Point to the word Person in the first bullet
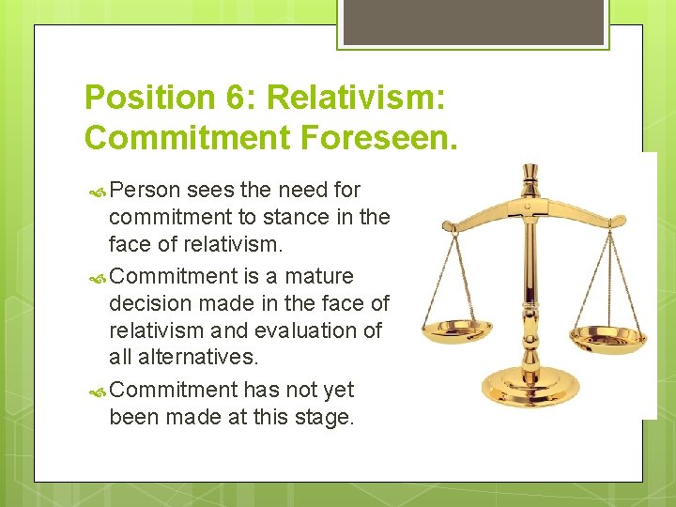(x=145, y=190)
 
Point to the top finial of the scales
(x=531, y=173)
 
